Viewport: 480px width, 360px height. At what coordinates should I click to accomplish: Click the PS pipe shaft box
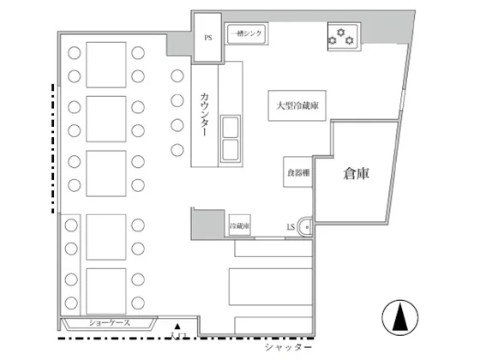(208, 39)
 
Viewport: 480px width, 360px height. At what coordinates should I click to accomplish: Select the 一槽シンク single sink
(247, 33)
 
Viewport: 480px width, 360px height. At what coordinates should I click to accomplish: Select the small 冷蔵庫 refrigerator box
(239, 225)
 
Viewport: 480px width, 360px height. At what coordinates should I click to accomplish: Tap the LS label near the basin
(291, 226)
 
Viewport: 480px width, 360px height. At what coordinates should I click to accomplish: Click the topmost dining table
(106, 63)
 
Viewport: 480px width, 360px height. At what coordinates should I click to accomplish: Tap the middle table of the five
(106, 174)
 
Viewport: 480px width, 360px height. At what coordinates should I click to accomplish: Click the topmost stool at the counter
(177, 75)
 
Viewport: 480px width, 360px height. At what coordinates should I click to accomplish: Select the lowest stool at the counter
(177, 150)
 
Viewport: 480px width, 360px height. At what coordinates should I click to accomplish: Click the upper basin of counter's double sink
(232, 129)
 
